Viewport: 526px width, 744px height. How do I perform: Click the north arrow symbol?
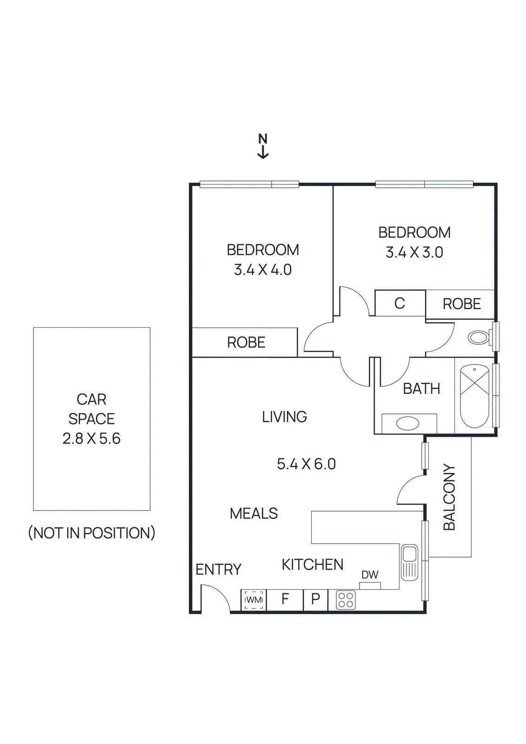[x=263, y=146]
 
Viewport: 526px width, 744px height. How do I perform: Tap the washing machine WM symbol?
[x=253, y=600]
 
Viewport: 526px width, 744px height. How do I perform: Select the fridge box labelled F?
[x=285, y=599]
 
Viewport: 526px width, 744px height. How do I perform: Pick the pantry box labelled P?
[x=315, y=599]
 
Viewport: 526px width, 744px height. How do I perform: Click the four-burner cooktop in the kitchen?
[x=346, y=600]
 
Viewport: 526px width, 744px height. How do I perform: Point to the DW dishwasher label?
[x=370, y=575]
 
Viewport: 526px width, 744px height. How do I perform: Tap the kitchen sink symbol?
[x=409, y=562]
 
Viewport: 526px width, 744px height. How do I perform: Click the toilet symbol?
[x=479, y=337]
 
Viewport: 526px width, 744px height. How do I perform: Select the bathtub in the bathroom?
[x=474, y=396]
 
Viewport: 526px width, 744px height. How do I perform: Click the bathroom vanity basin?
[x=408, y=423]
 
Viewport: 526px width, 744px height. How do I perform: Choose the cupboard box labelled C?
[x=399, y=303]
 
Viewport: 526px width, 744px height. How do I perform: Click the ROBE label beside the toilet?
[x=461, y=304]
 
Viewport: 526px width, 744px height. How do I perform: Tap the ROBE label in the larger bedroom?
[x=246, y=343]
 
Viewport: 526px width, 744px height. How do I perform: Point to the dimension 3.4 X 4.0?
[x=263, y=270]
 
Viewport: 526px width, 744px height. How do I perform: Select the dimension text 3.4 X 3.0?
[x=414, y=252]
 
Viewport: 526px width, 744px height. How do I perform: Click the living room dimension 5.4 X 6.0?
[x=306, y=464]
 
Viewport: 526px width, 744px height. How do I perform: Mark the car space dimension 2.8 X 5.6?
[x=92, y=438]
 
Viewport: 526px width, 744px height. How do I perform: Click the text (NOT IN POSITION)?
[x=92, y=533]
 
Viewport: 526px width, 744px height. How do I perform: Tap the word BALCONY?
[x=449, y=497]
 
